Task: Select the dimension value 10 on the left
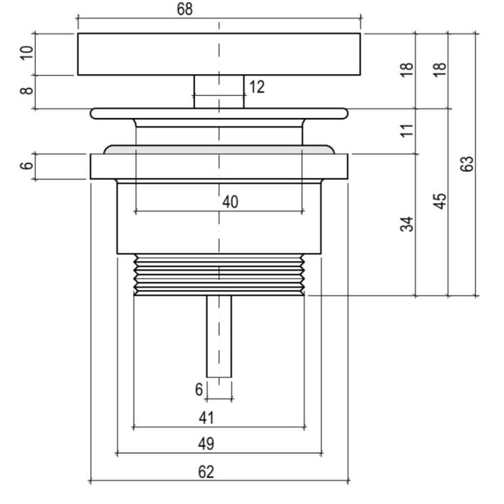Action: tap(27, 54)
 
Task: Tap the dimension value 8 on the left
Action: tap(27, 91)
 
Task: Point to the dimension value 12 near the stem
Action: tap(256, 87)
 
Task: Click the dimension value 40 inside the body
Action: tap(230, 202)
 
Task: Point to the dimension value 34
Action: tap(408, 223)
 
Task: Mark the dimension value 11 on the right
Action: tap(408, 130)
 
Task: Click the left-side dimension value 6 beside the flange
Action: tap(27, 166)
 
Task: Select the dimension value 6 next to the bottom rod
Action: tap(199, 390)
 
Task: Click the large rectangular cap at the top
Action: tap(219, 54)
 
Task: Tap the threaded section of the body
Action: tap(219, 274)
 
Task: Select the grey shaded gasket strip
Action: tap(219, 149)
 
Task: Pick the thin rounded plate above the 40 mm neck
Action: tap(219, 113)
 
